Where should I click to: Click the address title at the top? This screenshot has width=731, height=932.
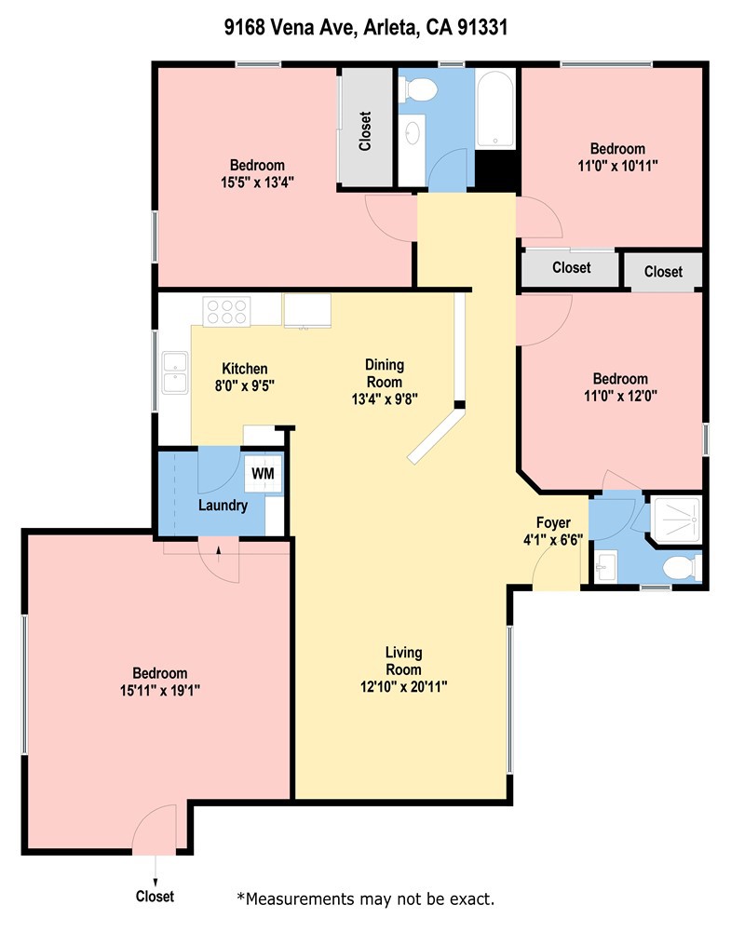click(365, 29)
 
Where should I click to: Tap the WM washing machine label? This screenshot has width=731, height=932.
click(263, 473)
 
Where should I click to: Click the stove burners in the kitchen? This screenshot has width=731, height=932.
click(227, 311)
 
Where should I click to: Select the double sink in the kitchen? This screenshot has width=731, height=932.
click(174, 372)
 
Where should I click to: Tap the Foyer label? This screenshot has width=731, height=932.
click(553, 522)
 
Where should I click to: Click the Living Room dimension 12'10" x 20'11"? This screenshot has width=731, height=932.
click(404, 687)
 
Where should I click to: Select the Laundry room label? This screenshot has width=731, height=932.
click(223, 506)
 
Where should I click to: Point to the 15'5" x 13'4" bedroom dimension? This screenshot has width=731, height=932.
click(246, 182)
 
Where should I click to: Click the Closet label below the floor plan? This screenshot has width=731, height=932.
click(155, 897)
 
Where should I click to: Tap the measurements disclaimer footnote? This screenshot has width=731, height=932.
click(365, 898)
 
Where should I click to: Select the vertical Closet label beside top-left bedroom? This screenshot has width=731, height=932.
click(365, 132)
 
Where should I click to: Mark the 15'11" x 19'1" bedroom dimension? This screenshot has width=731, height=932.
click(159, 690)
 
